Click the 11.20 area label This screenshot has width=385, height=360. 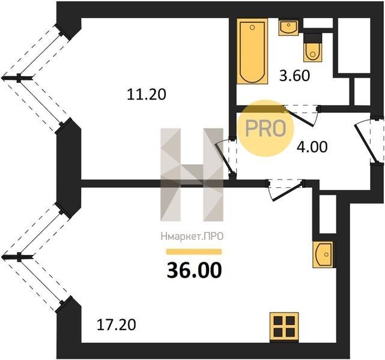(147, 94)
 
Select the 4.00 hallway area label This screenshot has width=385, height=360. (312, 147)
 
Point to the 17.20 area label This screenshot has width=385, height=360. (116, 325)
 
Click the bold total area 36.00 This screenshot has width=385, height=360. (194, 270)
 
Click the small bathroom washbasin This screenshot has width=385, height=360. (289, 27)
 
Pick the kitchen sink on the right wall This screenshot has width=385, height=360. (324, 254)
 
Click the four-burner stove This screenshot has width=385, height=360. (284, 327)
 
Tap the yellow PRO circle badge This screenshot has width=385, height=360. (265, 128)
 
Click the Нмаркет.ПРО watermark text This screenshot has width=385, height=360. (192, 236)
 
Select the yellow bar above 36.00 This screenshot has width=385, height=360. (194, 251)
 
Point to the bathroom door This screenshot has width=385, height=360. (300, 116)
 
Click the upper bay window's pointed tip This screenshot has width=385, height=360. (2, 78)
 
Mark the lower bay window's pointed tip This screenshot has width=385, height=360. (2, 257)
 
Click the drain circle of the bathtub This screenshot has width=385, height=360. (252, 28)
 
